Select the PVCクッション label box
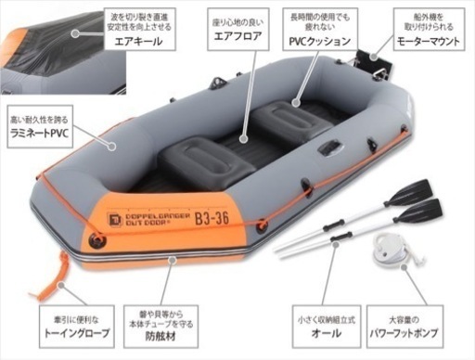pos(321,32)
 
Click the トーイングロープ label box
pos(71,326)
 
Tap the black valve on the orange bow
pos(94,243)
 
